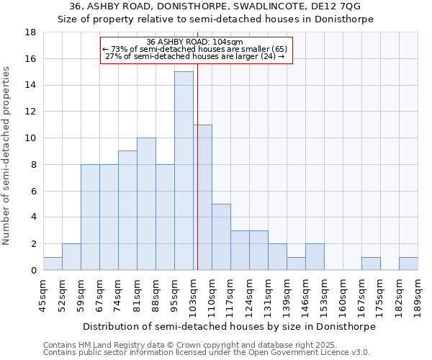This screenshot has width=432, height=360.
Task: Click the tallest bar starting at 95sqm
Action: tap(184, 171)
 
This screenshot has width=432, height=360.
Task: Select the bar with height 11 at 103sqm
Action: tap(202, 197)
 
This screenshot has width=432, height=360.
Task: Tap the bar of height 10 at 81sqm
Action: tap(146, 204)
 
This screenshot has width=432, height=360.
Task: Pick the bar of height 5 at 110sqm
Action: tap(221, 237)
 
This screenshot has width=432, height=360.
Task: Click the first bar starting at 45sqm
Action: tap(53, 264)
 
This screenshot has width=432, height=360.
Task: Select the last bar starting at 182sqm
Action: tap(408, 264)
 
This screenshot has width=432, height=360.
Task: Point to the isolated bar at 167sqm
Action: tap(371, 264)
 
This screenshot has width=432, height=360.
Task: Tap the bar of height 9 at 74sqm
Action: tap(127, 210)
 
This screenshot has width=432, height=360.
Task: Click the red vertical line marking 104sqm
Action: tap(197, 166)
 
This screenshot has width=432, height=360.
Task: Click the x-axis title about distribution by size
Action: tap(229, 326)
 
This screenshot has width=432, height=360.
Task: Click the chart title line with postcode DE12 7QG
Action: tap(215, 6)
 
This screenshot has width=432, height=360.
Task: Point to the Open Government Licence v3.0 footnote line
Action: tap(207, 353)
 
